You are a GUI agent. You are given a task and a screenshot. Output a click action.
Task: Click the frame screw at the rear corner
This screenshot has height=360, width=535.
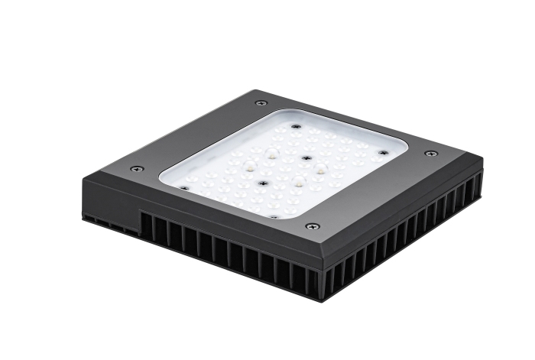coord(261,102)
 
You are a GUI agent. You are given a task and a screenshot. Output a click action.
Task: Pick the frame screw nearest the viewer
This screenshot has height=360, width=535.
coord(312,226)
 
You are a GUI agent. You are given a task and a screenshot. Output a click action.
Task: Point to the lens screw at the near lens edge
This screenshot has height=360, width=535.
coord(274,216)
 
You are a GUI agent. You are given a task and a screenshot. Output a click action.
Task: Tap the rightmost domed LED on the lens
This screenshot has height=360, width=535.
coord(320,169)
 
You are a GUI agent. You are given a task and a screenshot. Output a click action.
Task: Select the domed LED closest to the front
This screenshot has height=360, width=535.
coord(298,182)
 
